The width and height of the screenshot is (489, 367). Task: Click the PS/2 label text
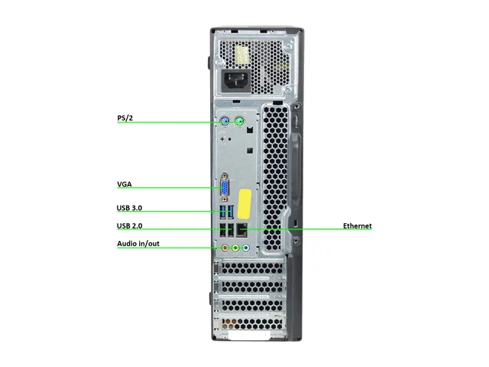click(125, 118)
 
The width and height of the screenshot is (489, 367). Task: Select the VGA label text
click(125, 184)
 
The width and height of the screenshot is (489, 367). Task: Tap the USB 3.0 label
click(129, 208)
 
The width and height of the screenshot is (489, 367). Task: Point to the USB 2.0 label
click(129, 226)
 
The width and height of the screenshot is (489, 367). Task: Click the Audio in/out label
click(138, 243)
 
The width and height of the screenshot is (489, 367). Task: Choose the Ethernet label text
click(358, 226)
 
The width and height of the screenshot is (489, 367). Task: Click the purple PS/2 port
click(225, 121)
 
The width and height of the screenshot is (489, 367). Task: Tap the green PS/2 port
click(239, 121)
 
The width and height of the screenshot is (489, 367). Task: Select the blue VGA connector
click(225, 187)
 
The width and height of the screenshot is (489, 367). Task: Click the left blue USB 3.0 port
click(223, 213)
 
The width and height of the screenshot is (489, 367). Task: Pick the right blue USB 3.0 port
click(231, 213)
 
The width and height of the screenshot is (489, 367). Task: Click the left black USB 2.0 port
click(223, 230)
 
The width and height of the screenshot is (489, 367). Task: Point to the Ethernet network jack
click(242, 230)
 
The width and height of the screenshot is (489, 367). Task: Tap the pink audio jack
click(225, 248)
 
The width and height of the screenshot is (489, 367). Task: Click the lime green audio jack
click(235, 248)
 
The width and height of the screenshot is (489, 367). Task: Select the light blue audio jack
click(246, 248)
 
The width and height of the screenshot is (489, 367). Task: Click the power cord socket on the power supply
click(236, 81)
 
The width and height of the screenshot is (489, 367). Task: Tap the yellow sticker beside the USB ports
click(244, 204)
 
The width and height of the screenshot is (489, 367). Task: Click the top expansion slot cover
click(251, 268)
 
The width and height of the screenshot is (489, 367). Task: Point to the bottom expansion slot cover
click(251, 323)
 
